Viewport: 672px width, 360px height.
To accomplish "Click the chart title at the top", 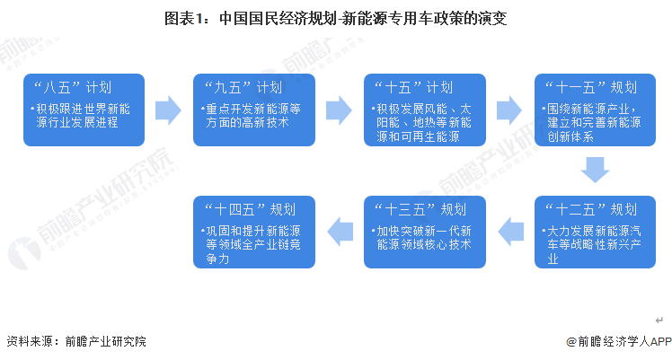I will point(336,18).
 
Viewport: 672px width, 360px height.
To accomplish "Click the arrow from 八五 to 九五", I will point(168,110).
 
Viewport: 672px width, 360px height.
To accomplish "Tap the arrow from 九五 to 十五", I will point(339,110).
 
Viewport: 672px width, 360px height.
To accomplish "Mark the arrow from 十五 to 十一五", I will point(509,110).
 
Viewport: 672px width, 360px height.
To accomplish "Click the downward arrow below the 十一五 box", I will point(595,169).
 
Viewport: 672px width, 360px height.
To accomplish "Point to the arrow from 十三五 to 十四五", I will point(340,232).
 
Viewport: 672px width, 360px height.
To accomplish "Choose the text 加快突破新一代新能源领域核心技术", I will point(422,238).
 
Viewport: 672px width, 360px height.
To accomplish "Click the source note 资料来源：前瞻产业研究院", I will point(75,342).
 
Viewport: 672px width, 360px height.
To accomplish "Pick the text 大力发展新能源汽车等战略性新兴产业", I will point(593,245).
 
